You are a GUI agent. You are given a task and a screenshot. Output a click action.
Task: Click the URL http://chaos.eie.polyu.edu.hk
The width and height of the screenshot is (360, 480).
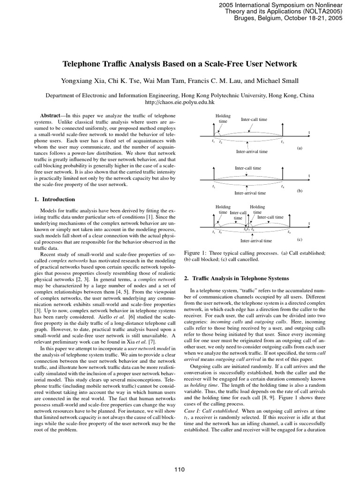[180, 101]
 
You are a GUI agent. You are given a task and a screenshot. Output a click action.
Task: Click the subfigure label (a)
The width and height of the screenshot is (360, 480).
[300, 148]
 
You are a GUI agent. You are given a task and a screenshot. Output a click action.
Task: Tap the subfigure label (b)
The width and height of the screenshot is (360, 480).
[300, 190]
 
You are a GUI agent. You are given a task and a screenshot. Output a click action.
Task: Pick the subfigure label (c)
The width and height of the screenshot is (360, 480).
[300, 239]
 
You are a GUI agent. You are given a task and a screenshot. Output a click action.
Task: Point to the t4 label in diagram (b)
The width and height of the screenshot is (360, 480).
[282, 186]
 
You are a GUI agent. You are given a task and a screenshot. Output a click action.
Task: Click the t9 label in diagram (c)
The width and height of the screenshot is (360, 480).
[289, 232]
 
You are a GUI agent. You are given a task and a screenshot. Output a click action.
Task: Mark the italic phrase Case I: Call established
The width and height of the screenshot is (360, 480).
[214, 423]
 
